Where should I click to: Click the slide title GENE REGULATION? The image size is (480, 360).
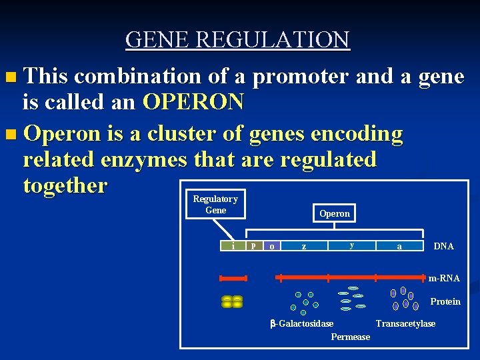(237, 40)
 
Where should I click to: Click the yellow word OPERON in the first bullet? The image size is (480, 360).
(193, 102)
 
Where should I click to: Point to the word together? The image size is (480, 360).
(65, 185)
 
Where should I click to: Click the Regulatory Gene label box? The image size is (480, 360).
(215, 205)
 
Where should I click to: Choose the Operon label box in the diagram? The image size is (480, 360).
(334, 213)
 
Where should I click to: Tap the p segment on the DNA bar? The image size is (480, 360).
(253, 245)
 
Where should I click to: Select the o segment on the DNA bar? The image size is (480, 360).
(271, 246)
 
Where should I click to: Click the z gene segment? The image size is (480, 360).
(304, 246)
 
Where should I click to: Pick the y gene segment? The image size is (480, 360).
(351, 245)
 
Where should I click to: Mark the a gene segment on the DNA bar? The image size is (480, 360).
(399, 246)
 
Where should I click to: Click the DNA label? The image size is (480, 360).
(443, 246)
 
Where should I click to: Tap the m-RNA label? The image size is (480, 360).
(444, 278)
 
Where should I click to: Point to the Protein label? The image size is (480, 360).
(445, 302)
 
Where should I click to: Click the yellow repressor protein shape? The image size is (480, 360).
(232, 302)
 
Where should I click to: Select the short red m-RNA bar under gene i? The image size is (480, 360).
(233, 278)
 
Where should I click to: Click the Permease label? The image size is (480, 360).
(350, 337)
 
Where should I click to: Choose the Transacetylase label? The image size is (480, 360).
(405, 323)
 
